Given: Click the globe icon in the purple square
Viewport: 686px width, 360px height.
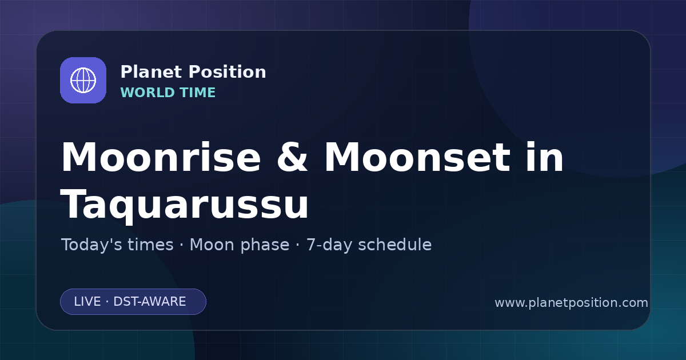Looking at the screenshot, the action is (83, 80).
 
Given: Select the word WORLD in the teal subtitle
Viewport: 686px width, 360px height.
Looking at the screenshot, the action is (148, 93).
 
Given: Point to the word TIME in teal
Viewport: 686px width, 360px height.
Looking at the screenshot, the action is (198, 93).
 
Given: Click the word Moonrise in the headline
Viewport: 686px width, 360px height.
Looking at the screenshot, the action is (161, 157).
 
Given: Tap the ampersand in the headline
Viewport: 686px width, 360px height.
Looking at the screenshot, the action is (292, 157).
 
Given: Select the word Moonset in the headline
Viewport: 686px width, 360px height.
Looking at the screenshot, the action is (417, 157).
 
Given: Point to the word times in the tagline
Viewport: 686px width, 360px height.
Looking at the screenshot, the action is (151, 245).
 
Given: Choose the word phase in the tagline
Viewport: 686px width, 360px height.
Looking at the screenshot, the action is (265, 246).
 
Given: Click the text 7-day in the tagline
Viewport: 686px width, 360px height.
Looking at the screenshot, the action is (329, 246).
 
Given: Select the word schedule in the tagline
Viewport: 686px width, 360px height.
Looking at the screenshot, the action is (395, 245).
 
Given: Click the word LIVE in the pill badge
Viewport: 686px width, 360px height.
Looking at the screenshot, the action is (87, 302).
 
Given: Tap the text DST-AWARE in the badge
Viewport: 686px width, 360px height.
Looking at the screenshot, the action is (149, 302).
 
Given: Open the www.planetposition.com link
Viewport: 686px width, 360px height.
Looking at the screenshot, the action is (571, 303).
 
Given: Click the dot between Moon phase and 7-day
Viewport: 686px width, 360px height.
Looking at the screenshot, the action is (298, 246).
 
